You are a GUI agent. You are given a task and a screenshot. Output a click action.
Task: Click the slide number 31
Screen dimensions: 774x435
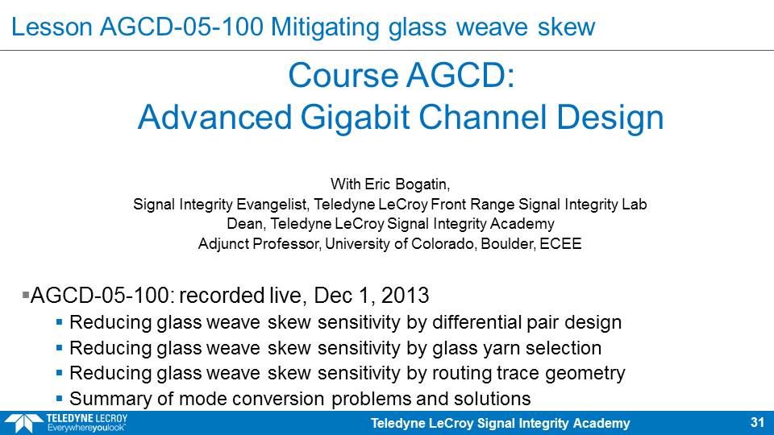[x=757, y=423]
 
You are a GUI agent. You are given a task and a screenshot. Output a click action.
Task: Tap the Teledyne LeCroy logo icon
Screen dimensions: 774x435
[x=23, y=423]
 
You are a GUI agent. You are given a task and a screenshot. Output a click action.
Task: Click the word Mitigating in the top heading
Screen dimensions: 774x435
[x=325, y=27]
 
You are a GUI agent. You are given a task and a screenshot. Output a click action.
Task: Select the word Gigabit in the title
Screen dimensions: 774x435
[x=355, y=118]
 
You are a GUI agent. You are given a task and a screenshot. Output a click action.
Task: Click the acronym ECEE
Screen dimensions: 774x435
[x=561, y=243]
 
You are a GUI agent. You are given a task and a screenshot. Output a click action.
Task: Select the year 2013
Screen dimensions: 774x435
[x=405, y=296]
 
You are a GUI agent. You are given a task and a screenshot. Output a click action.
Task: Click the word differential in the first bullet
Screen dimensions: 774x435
[x=476, y=322]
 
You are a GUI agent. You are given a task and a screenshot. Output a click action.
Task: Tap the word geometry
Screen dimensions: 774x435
[x=585, y=373]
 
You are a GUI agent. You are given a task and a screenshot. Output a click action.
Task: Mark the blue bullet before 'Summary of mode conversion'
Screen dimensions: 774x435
[x=59, y=397]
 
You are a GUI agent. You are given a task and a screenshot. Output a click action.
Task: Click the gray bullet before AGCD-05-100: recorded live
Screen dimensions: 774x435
[x=26, y=296]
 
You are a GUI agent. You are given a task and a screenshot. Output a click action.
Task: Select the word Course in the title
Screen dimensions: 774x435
[x=343, y=76]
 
